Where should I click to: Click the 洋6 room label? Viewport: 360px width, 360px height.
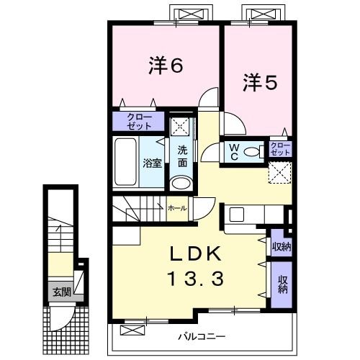[165, 66]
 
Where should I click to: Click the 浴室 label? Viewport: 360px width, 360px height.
[152, 163]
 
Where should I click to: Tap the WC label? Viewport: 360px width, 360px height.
[234, 151]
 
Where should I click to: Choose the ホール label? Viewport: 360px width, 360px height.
[176, 208]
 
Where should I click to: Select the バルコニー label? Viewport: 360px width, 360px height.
[202, 336]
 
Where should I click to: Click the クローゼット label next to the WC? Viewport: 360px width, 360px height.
[281, 150]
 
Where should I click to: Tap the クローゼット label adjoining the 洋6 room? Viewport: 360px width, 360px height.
[140, 122]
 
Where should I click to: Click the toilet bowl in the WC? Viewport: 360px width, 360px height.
[252, 152]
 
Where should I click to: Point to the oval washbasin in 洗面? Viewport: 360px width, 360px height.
[182, 184]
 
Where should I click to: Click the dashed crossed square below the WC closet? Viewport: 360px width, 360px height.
[279, 173]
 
